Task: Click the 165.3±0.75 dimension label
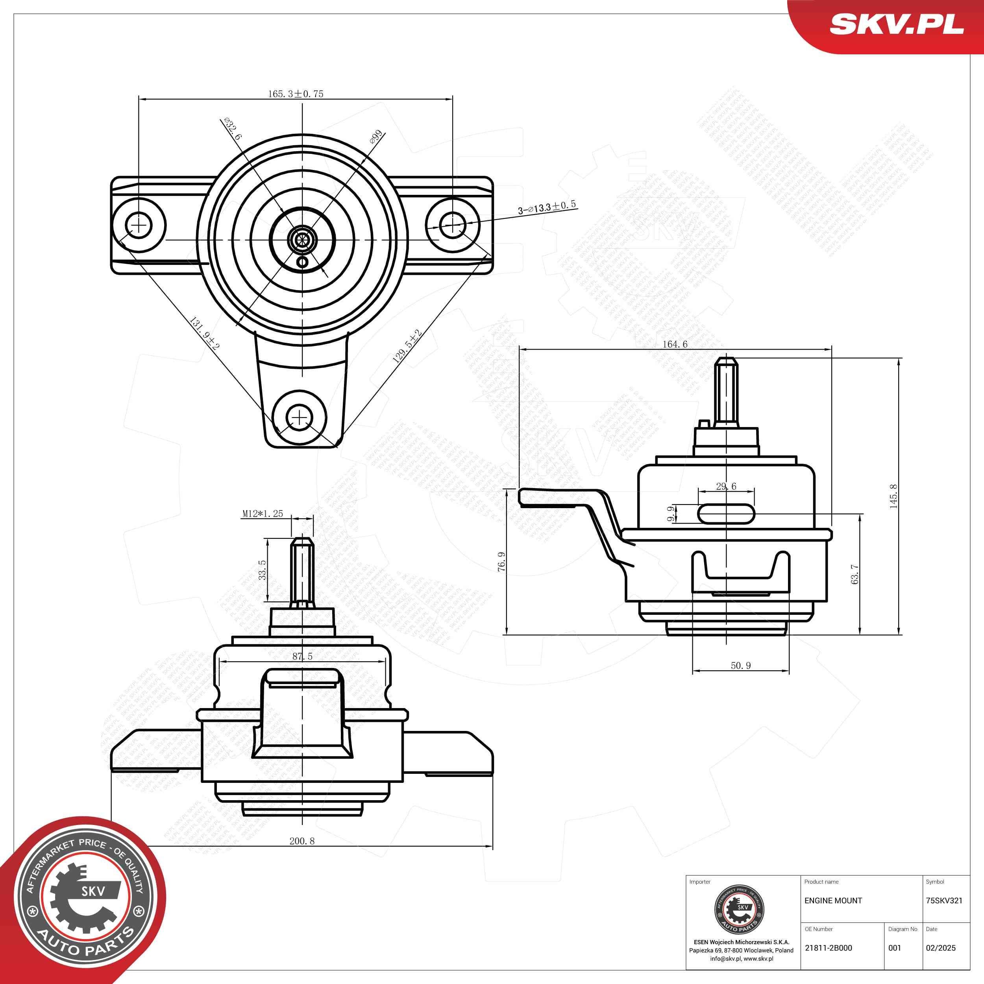tap(296, 94)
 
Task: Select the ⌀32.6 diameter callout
tap(233, 130)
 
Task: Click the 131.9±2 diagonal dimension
tap(204, 334)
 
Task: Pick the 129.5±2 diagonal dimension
tap(407, 346)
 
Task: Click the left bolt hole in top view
tap(138, 225)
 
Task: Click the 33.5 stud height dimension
tap(262, 570)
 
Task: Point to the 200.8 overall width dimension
tap(302, 840)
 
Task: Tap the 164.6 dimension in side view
tap(675, 344)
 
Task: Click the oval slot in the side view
tap(726, 513)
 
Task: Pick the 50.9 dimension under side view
tap(740, 665)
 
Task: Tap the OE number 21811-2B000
tap(828, 948)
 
